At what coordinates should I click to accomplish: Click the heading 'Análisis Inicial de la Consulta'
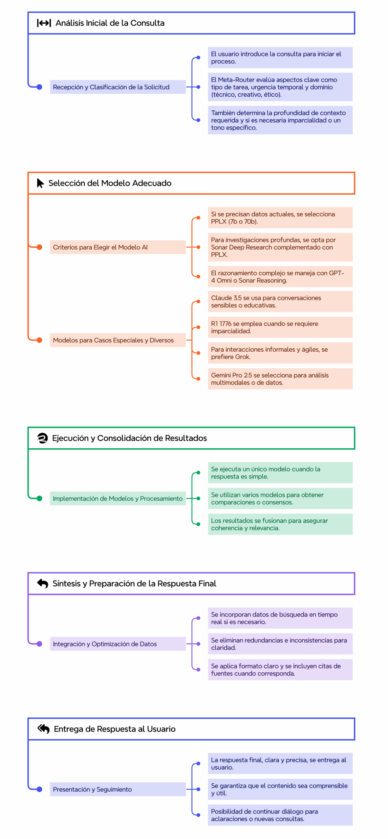pos(110,23)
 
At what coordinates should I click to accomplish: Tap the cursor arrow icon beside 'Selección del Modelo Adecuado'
pos(40,183)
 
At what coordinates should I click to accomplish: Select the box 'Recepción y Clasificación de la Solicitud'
pos(118,87)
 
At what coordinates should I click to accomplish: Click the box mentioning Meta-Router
pos(280,87)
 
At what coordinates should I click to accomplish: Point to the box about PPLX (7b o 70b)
pos(280,218)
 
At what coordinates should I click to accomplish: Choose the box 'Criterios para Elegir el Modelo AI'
pos(118,247)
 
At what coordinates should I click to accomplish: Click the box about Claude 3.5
pos(280,302)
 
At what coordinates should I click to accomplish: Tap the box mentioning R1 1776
pos(280,327)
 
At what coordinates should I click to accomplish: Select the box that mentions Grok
pos(280,353)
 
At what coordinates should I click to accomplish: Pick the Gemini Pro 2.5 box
pos(280,379)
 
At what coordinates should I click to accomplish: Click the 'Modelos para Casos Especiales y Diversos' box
pos(118,340)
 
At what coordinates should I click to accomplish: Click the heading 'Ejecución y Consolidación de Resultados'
pos(129,438)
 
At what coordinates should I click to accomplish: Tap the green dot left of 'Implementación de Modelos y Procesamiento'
pos(39,498)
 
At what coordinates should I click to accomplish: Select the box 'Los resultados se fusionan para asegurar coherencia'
pos(280,524)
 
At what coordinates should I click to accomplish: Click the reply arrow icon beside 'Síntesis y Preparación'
pos(43,583)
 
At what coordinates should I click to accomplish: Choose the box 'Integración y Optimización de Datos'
pos(118,644)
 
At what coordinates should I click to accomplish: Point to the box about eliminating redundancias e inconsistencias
pos(280,644)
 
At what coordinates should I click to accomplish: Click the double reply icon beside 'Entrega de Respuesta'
pos(43,729)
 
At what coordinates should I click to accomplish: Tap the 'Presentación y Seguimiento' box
pos(118,789)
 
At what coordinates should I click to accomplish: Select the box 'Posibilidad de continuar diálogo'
pos(280,815)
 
